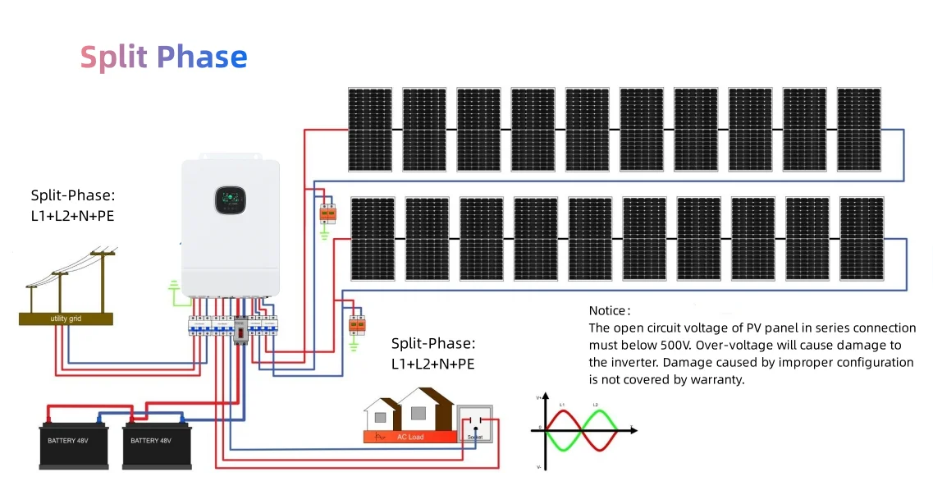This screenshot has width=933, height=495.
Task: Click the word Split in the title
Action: pos(115,57)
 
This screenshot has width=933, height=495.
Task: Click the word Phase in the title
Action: pos(202,57)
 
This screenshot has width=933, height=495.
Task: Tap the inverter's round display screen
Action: pos(230,199)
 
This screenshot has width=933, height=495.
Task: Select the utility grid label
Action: pos(66,319)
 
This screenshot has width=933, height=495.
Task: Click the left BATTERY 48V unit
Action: pos(74,443)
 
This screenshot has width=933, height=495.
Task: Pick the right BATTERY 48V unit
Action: pos(156,443)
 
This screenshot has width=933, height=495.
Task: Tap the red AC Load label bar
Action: pos(409,437)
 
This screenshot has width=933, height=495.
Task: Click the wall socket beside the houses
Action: pos(474,424)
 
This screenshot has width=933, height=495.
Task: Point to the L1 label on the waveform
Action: pos(562,405)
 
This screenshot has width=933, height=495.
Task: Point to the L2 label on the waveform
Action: pos(596,405)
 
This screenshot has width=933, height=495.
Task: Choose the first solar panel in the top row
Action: pos(369,130)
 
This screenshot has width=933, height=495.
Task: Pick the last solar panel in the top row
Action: pos(858,130)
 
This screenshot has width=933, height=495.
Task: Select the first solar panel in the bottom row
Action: pos(373,239)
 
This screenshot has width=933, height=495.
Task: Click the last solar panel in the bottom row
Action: pos(862,239)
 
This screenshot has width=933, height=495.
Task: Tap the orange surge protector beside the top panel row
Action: pos(327,213)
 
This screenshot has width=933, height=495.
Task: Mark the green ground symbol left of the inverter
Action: pos(173,287)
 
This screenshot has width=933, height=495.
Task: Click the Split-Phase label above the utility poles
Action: pos(73,195)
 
